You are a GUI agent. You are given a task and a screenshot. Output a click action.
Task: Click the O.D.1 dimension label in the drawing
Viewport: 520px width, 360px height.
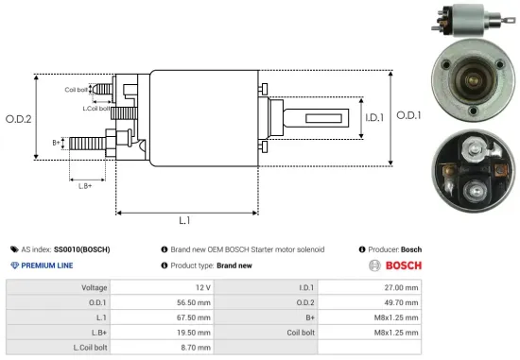(407, 115)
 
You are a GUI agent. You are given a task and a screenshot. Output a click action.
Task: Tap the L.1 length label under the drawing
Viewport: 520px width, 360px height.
(185, 220)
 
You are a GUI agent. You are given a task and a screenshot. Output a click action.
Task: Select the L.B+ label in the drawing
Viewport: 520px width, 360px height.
(86, 185)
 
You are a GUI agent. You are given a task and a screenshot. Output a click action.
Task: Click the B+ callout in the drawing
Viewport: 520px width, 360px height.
(57, 143)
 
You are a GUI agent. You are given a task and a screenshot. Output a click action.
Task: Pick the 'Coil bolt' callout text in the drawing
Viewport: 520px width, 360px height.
(78, 90)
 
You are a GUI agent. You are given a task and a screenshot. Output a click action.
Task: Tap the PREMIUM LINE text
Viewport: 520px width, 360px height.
(49, 266)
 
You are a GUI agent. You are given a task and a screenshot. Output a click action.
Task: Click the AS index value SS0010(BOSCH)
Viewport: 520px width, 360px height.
(82, 249)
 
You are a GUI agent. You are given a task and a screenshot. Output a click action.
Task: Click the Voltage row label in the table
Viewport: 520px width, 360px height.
(94, 286)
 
